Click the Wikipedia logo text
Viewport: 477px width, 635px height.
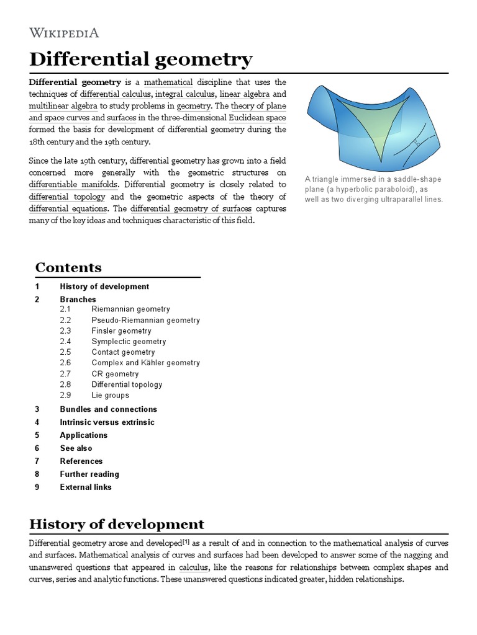(64, 33)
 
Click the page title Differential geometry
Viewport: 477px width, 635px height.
(141, 60)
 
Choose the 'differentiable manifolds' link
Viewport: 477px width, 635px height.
(75, 185)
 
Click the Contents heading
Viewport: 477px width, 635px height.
(68, 267)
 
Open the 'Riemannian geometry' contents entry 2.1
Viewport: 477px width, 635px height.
(130, 309)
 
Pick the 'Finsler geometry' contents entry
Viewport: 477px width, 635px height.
(121, 331)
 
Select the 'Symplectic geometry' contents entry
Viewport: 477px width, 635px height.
(129, 341)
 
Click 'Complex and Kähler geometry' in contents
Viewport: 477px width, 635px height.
(145, 363)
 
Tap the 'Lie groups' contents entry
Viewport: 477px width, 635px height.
(110, 395)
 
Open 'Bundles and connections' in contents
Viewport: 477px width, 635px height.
(108, 409)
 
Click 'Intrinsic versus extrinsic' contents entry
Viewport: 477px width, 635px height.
(107, 422)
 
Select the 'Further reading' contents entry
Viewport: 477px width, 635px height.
(89, 474)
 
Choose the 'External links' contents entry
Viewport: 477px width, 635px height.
(86, 487)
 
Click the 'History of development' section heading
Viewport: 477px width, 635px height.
(117, 524)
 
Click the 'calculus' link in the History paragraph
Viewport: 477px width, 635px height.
(193, 568)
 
